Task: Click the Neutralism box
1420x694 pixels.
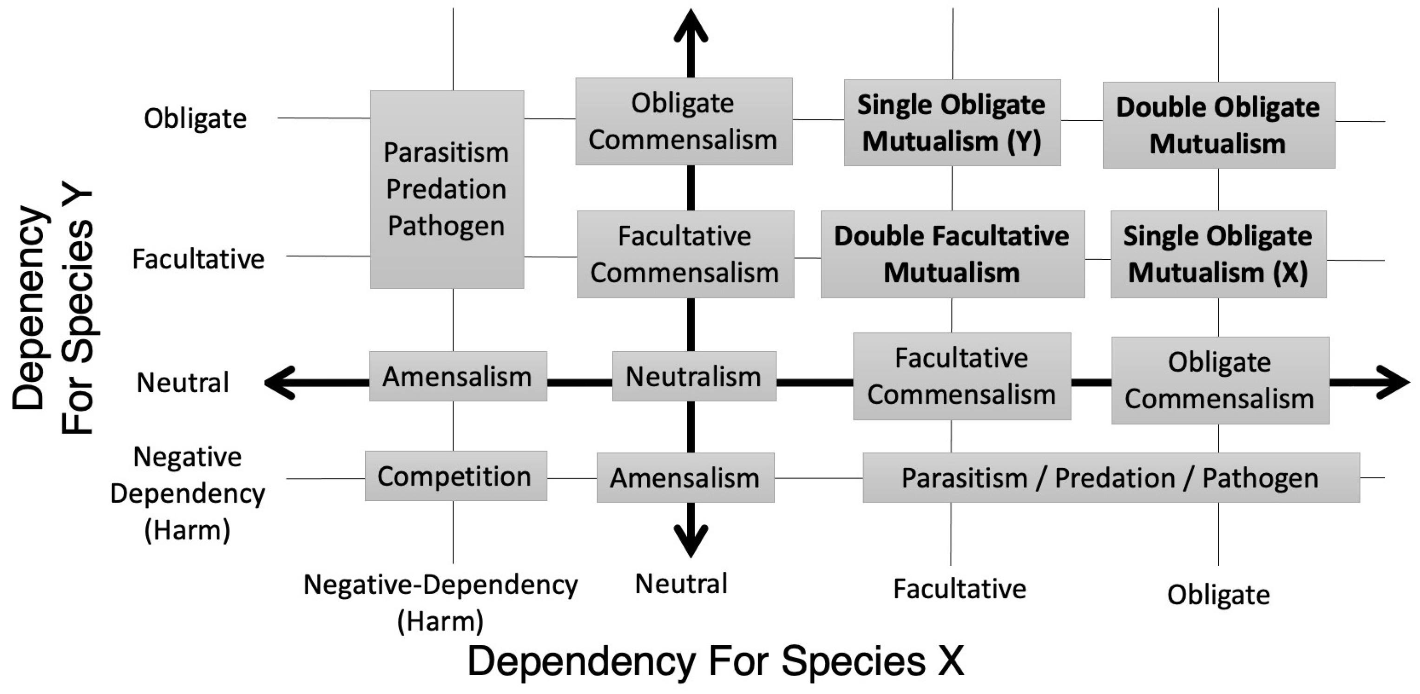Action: click(x=693, y=376)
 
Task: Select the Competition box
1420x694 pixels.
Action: click(x=456, y=476)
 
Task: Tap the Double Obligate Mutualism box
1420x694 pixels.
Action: click(x=1218, y=125)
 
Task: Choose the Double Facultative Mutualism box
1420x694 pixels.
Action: click(x=952, y=254)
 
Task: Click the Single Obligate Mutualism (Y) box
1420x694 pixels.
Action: click(x=952, y=122)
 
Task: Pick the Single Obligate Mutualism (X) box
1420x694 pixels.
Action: click(x=1218, y=254)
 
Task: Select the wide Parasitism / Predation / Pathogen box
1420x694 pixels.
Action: click(x=1110, y=478)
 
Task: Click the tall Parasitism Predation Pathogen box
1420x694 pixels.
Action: click(x=447, y=189)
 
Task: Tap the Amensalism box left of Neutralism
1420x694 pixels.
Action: click(x=458, y=376)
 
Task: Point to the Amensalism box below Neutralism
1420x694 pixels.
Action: click(x=685, y=478)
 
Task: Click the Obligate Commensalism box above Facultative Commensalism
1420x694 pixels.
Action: click(x=684, y=121)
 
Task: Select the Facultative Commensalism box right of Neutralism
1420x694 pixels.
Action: click(x=962, y=376)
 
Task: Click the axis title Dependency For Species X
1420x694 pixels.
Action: click(x=716, y=661)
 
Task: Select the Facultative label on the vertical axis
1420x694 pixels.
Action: click(x=198, y=259)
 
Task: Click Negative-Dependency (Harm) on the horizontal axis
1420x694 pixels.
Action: click(x=440, y=602)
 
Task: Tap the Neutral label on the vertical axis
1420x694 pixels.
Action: click(x=183, y=383)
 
